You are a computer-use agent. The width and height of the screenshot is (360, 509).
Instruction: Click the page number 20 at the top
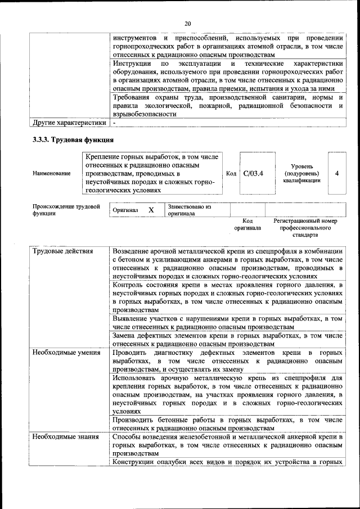(187, 23)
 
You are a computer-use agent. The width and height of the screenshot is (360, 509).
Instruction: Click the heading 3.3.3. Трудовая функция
(74, 139)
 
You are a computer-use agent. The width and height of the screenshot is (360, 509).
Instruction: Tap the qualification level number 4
(336, 173)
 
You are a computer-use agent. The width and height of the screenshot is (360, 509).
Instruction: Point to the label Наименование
(52, 174)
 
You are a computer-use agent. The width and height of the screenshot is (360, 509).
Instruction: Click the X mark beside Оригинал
(151, 210)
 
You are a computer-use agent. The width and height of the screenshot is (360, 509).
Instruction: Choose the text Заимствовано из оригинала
(189, 210)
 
